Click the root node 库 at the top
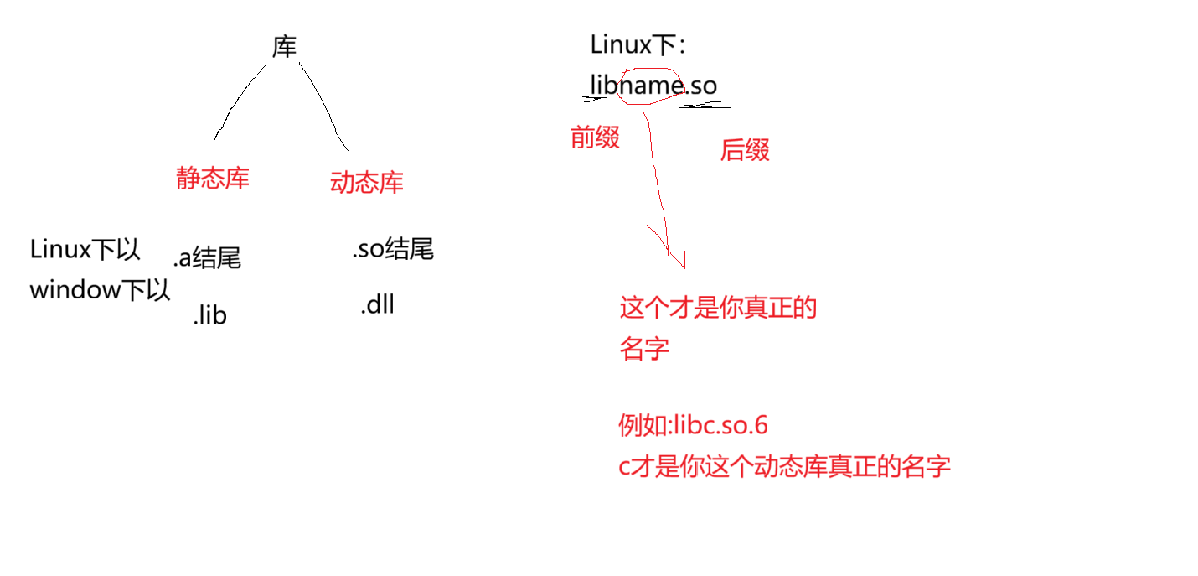coord(285,47)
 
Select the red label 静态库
coord(213,178)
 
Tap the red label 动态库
coord(367,183)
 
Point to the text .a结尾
coord(207,257)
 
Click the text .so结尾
coord(393,249)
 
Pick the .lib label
coord(209,315)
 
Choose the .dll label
coord(377,305)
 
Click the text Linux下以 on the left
coord(85,250)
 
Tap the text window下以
coord(100,290)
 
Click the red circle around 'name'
coord(648,86)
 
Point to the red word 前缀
coord(595,138)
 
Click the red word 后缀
coord(745,150)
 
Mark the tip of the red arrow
coord(684,267)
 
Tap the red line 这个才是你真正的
coord(718,309)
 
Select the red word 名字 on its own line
coord(644,348)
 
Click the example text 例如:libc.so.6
coord(693,425)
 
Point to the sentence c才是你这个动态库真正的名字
coord(784,466)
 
